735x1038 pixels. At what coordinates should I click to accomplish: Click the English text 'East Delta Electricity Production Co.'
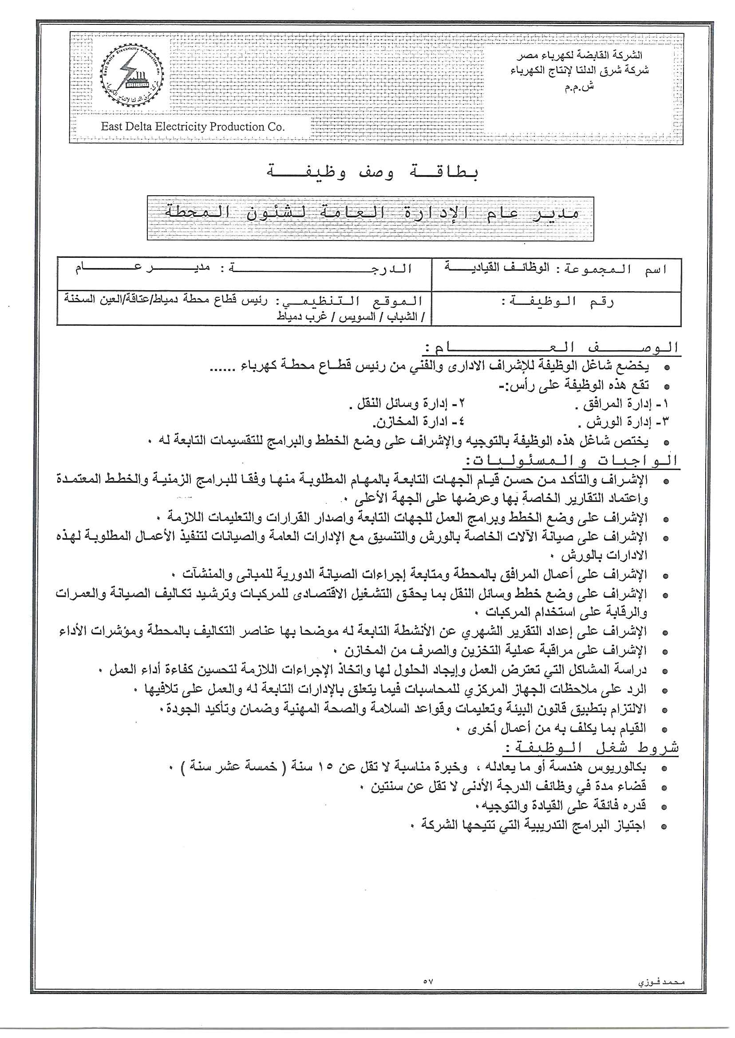193,126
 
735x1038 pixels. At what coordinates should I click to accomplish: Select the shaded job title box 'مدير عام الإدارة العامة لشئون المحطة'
370,218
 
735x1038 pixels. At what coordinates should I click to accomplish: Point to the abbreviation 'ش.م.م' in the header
578,87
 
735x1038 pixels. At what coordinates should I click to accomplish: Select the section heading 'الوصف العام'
551,348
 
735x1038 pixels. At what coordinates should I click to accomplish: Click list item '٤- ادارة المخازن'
418,422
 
